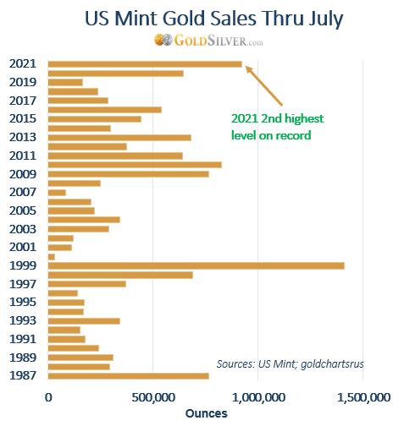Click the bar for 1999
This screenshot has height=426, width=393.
point(196,265)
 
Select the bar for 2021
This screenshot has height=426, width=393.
point(145,64)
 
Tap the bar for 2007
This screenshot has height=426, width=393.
point(57,193)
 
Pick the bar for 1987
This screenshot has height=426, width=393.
point(129,376)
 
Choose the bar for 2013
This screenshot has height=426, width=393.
point(119,138)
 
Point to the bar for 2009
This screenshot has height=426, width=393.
point(129,174)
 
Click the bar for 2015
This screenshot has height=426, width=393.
point(95,119)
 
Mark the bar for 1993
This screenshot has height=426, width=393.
point(84,321)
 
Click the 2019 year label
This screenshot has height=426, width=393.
point(23,82)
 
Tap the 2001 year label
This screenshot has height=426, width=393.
point(23,247)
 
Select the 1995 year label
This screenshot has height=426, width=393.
point(23,302)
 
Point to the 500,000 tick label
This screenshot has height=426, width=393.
point(153,397)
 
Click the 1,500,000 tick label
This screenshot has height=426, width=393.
point(363,397)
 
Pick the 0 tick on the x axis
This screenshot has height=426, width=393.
point(48,397)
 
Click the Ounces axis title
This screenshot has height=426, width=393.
point(207,413)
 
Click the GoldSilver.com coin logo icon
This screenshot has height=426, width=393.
point(163,40)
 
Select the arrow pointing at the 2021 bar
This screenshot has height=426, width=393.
point(263,85)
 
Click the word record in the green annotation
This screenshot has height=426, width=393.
point(293,135)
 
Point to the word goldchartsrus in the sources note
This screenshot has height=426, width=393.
point(332,364)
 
